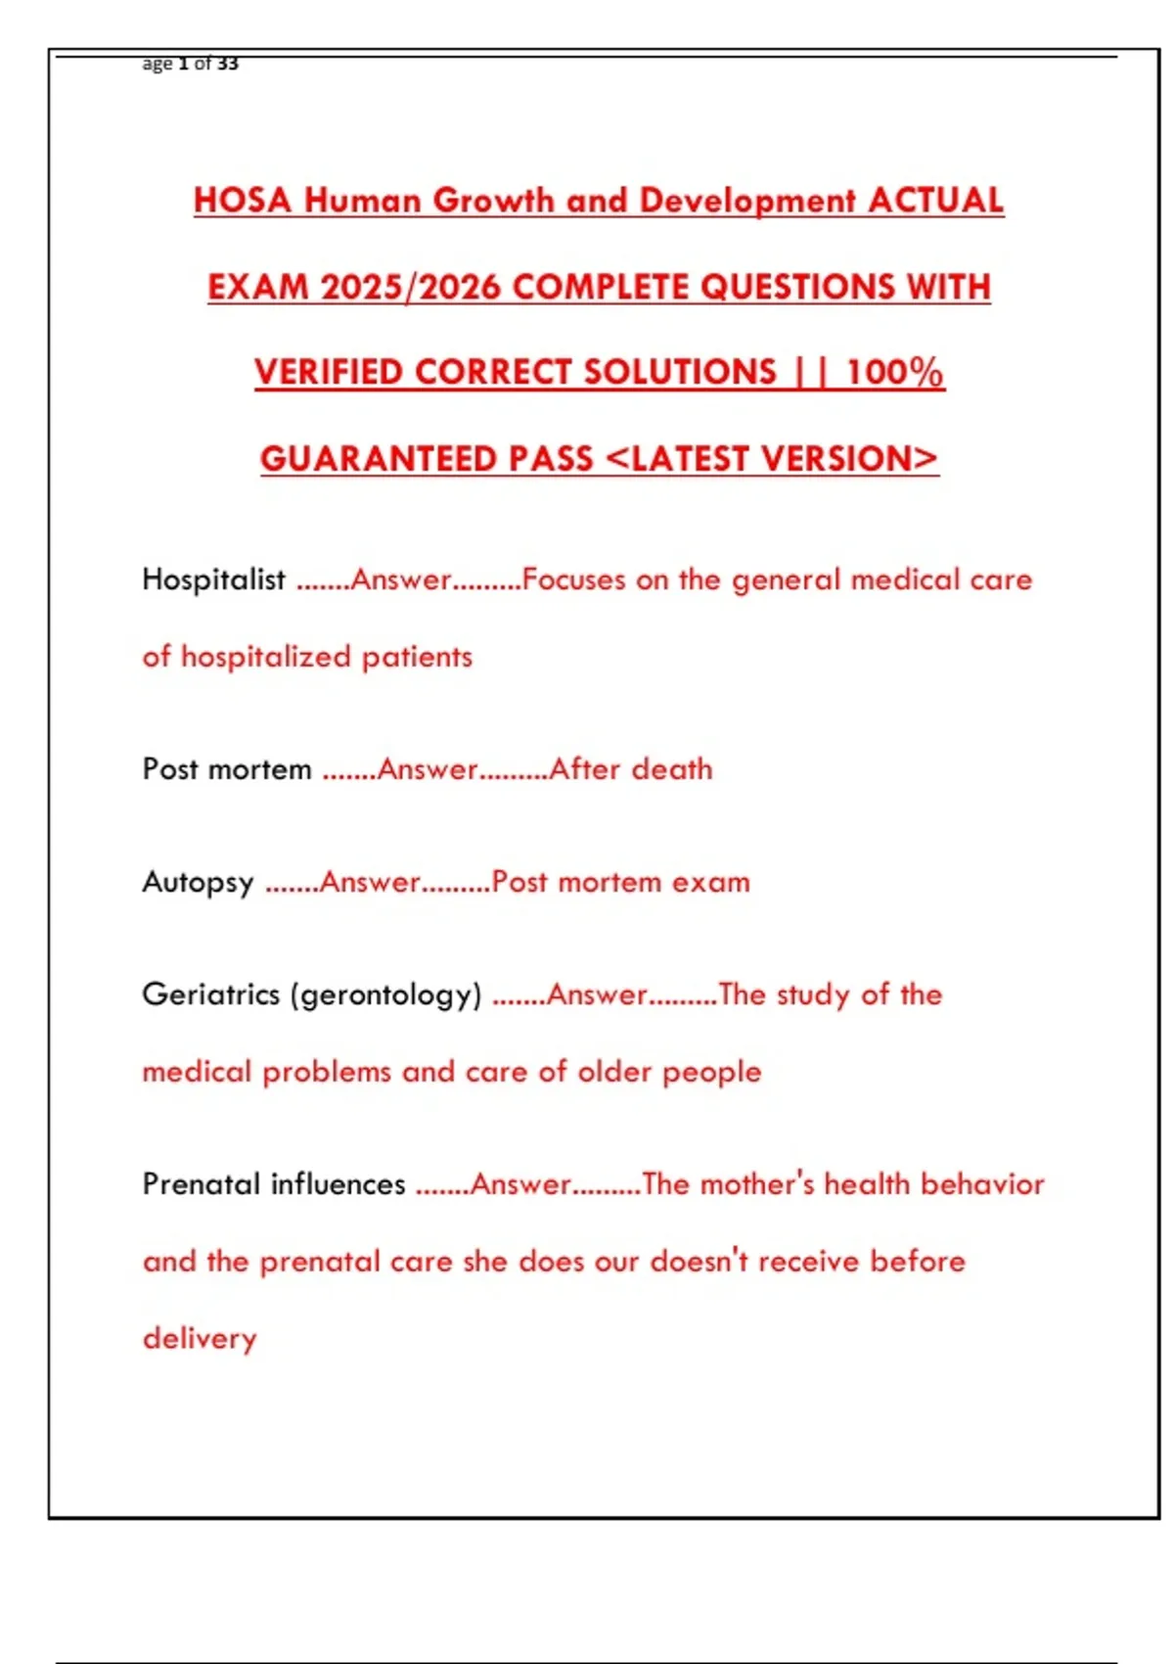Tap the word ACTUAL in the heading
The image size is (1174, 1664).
click(x=935, y=201)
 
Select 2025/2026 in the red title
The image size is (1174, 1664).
click(x=410, y=287)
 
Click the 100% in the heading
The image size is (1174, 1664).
click(x=894, y=373)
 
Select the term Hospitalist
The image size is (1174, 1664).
click(x=213, y=579)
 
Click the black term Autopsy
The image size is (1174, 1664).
click(x=198, y=883)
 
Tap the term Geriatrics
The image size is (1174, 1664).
click(x=210, y=994)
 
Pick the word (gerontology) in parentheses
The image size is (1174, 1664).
click(x=385, y=995)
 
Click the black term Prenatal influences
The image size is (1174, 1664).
click(x=273, y=1184)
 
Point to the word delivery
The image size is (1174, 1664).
click(x=200, y=1339)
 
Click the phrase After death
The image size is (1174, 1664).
click(x=631, y=769)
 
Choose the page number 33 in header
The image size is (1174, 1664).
click(x=227, y=64)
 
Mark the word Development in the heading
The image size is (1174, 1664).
click(x=747, y=201)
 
